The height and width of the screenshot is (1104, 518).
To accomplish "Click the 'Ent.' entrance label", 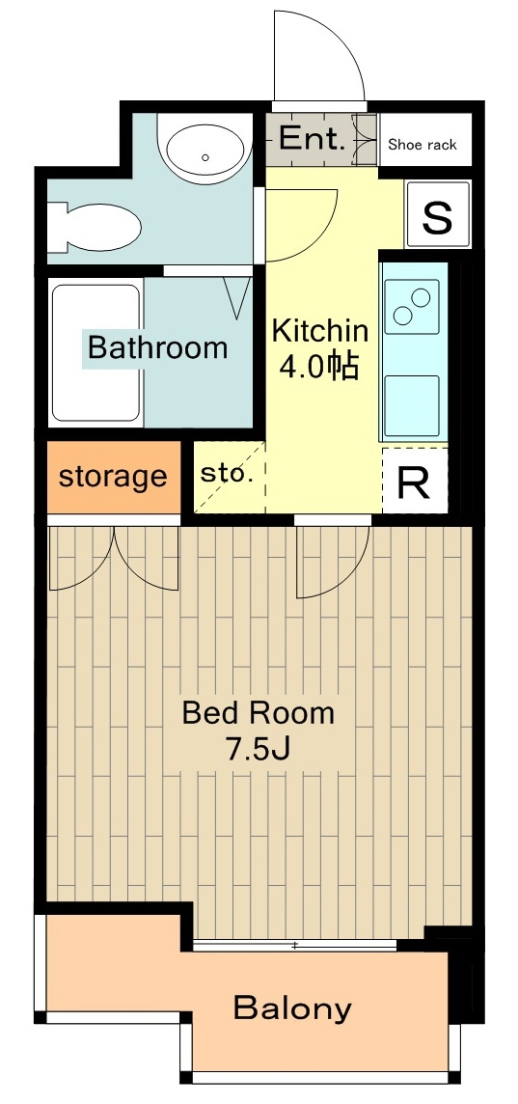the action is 312,139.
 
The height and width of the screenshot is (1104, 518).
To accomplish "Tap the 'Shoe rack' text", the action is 423,145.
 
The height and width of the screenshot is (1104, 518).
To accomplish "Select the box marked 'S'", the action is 438,215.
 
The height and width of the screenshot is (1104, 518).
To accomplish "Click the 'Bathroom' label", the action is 157,347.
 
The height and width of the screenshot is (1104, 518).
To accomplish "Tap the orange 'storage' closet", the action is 113,477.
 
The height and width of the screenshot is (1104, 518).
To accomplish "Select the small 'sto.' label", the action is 226,473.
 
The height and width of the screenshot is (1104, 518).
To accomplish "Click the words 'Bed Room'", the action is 259,712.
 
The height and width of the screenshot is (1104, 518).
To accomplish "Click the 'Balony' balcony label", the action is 292,1008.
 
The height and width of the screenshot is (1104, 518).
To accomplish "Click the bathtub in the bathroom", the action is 96,353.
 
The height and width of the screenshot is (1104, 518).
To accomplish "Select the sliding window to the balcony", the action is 294,945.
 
